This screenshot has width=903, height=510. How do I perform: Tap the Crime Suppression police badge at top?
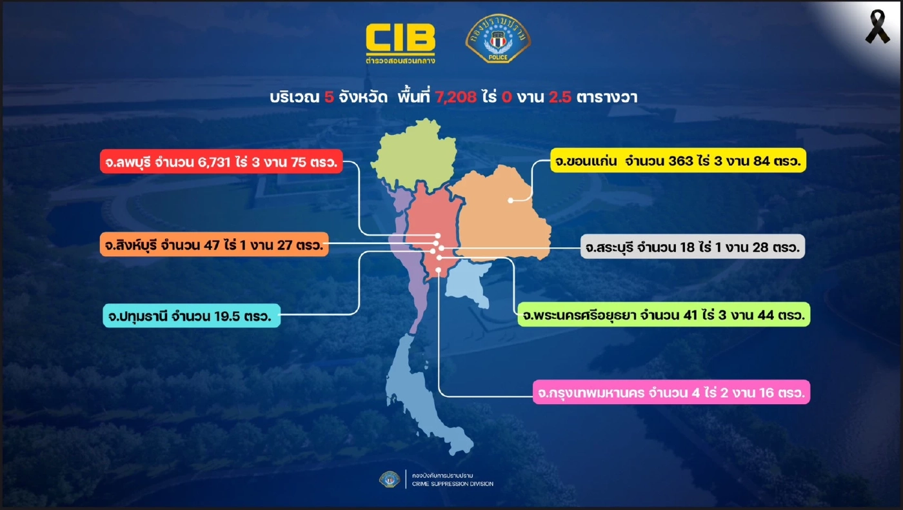498,38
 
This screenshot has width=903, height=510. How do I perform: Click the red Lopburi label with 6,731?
221,162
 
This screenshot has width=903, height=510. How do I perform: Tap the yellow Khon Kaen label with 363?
677,160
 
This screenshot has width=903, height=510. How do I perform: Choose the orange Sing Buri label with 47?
215,245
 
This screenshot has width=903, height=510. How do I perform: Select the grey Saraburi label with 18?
692,247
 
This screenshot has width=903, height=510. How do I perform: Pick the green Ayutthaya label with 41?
664,316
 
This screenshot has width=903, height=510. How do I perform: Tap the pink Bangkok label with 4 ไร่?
671,392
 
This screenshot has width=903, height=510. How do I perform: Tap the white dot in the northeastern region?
511,200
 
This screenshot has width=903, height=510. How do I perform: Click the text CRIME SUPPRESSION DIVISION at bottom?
452,484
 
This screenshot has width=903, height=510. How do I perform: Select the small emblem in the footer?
389,479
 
